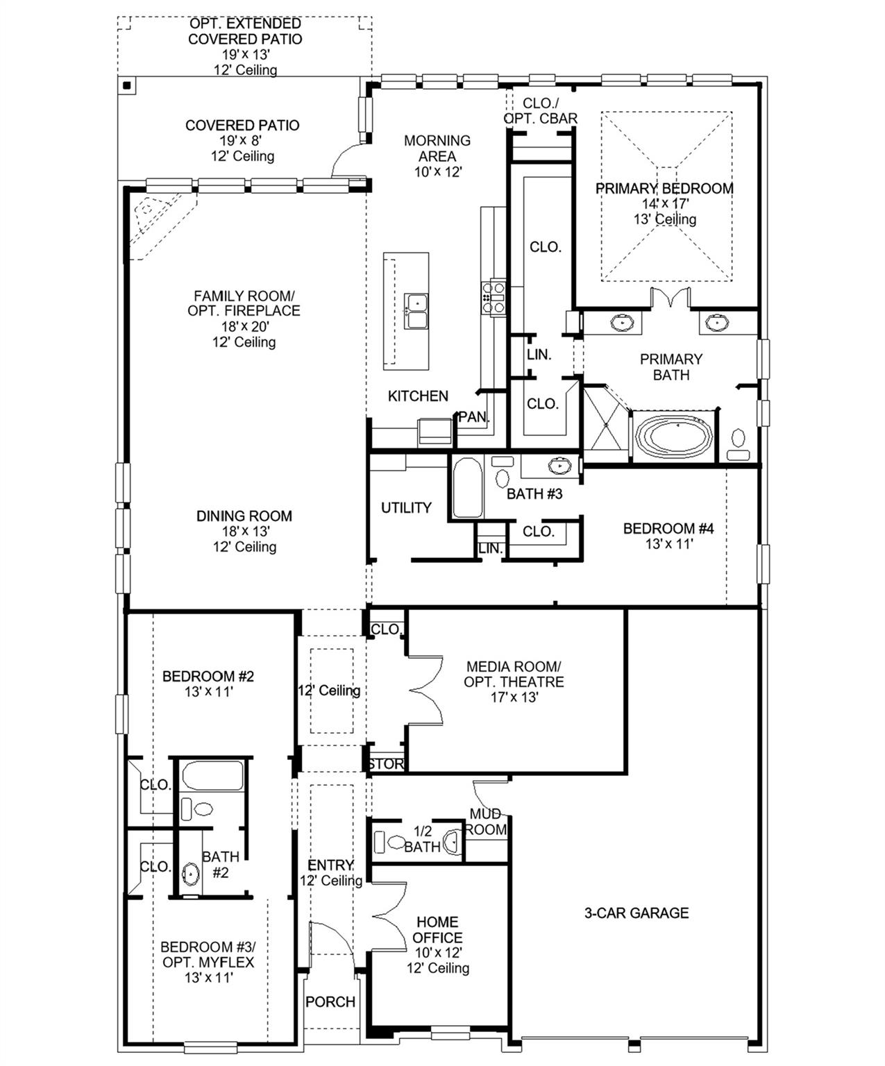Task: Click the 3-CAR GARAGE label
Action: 636,913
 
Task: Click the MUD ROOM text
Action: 485,822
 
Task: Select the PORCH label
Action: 330,1001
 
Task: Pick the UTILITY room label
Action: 406,507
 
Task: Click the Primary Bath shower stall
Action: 605,425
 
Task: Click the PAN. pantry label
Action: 473,417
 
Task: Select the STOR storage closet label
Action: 386,763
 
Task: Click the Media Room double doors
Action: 425,689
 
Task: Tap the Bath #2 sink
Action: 190,874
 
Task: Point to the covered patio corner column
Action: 127,85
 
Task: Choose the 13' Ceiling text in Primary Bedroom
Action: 664,219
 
